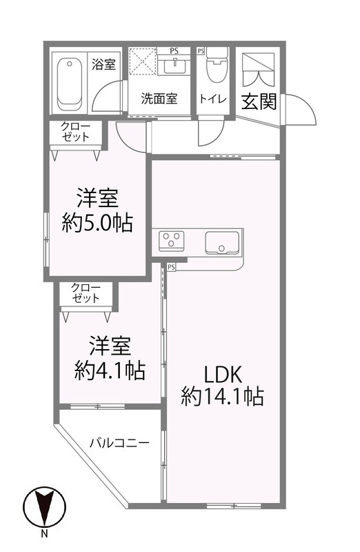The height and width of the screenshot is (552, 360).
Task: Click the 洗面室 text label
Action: point(159,99)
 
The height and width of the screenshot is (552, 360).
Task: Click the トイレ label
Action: point(213,99)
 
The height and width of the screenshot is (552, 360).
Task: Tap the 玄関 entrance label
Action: point(259,101)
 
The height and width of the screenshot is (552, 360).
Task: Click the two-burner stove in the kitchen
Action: point(172,241)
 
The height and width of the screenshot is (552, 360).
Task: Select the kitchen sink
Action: point(222,244)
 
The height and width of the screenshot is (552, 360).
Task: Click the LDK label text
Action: point(221,374)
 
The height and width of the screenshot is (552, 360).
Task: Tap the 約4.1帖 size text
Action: point(110,371)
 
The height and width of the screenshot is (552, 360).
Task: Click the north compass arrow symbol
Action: point(43,508)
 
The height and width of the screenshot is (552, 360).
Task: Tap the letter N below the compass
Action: point(43,533)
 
